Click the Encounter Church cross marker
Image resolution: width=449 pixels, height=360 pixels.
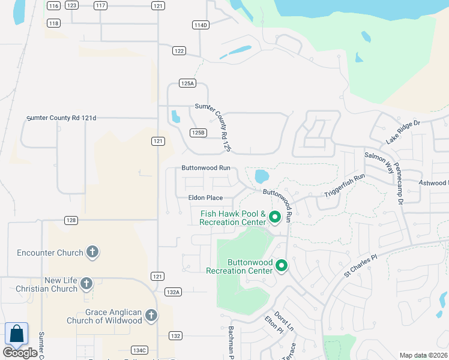click(92, 253)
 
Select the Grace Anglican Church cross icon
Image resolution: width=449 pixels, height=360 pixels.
click(151, 315)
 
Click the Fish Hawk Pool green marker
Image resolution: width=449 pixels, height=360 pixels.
click(274, 217)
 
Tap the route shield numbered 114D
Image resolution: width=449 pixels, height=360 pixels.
click(200, 25)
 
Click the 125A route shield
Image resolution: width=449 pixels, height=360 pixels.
click(187, 83)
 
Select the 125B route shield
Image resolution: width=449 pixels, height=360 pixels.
click(198, 132)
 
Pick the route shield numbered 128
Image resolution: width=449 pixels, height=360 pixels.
click(71, 220)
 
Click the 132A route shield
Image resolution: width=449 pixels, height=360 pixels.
click(173, 292)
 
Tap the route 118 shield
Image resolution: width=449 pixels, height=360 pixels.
click(54, 23)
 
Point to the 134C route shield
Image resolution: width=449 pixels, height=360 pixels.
click(139, 350)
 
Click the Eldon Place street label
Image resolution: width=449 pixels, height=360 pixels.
click(205, 197)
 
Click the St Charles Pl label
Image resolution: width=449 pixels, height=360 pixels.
click(360, 265)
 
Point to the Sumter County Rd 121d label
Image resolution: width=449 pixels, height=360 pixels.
click(62, 119)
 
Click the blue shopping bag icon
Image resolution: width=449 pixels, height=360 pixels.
click(17, 334)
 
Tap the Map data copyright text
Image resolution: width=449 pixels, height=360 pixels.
click(423, 355)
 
